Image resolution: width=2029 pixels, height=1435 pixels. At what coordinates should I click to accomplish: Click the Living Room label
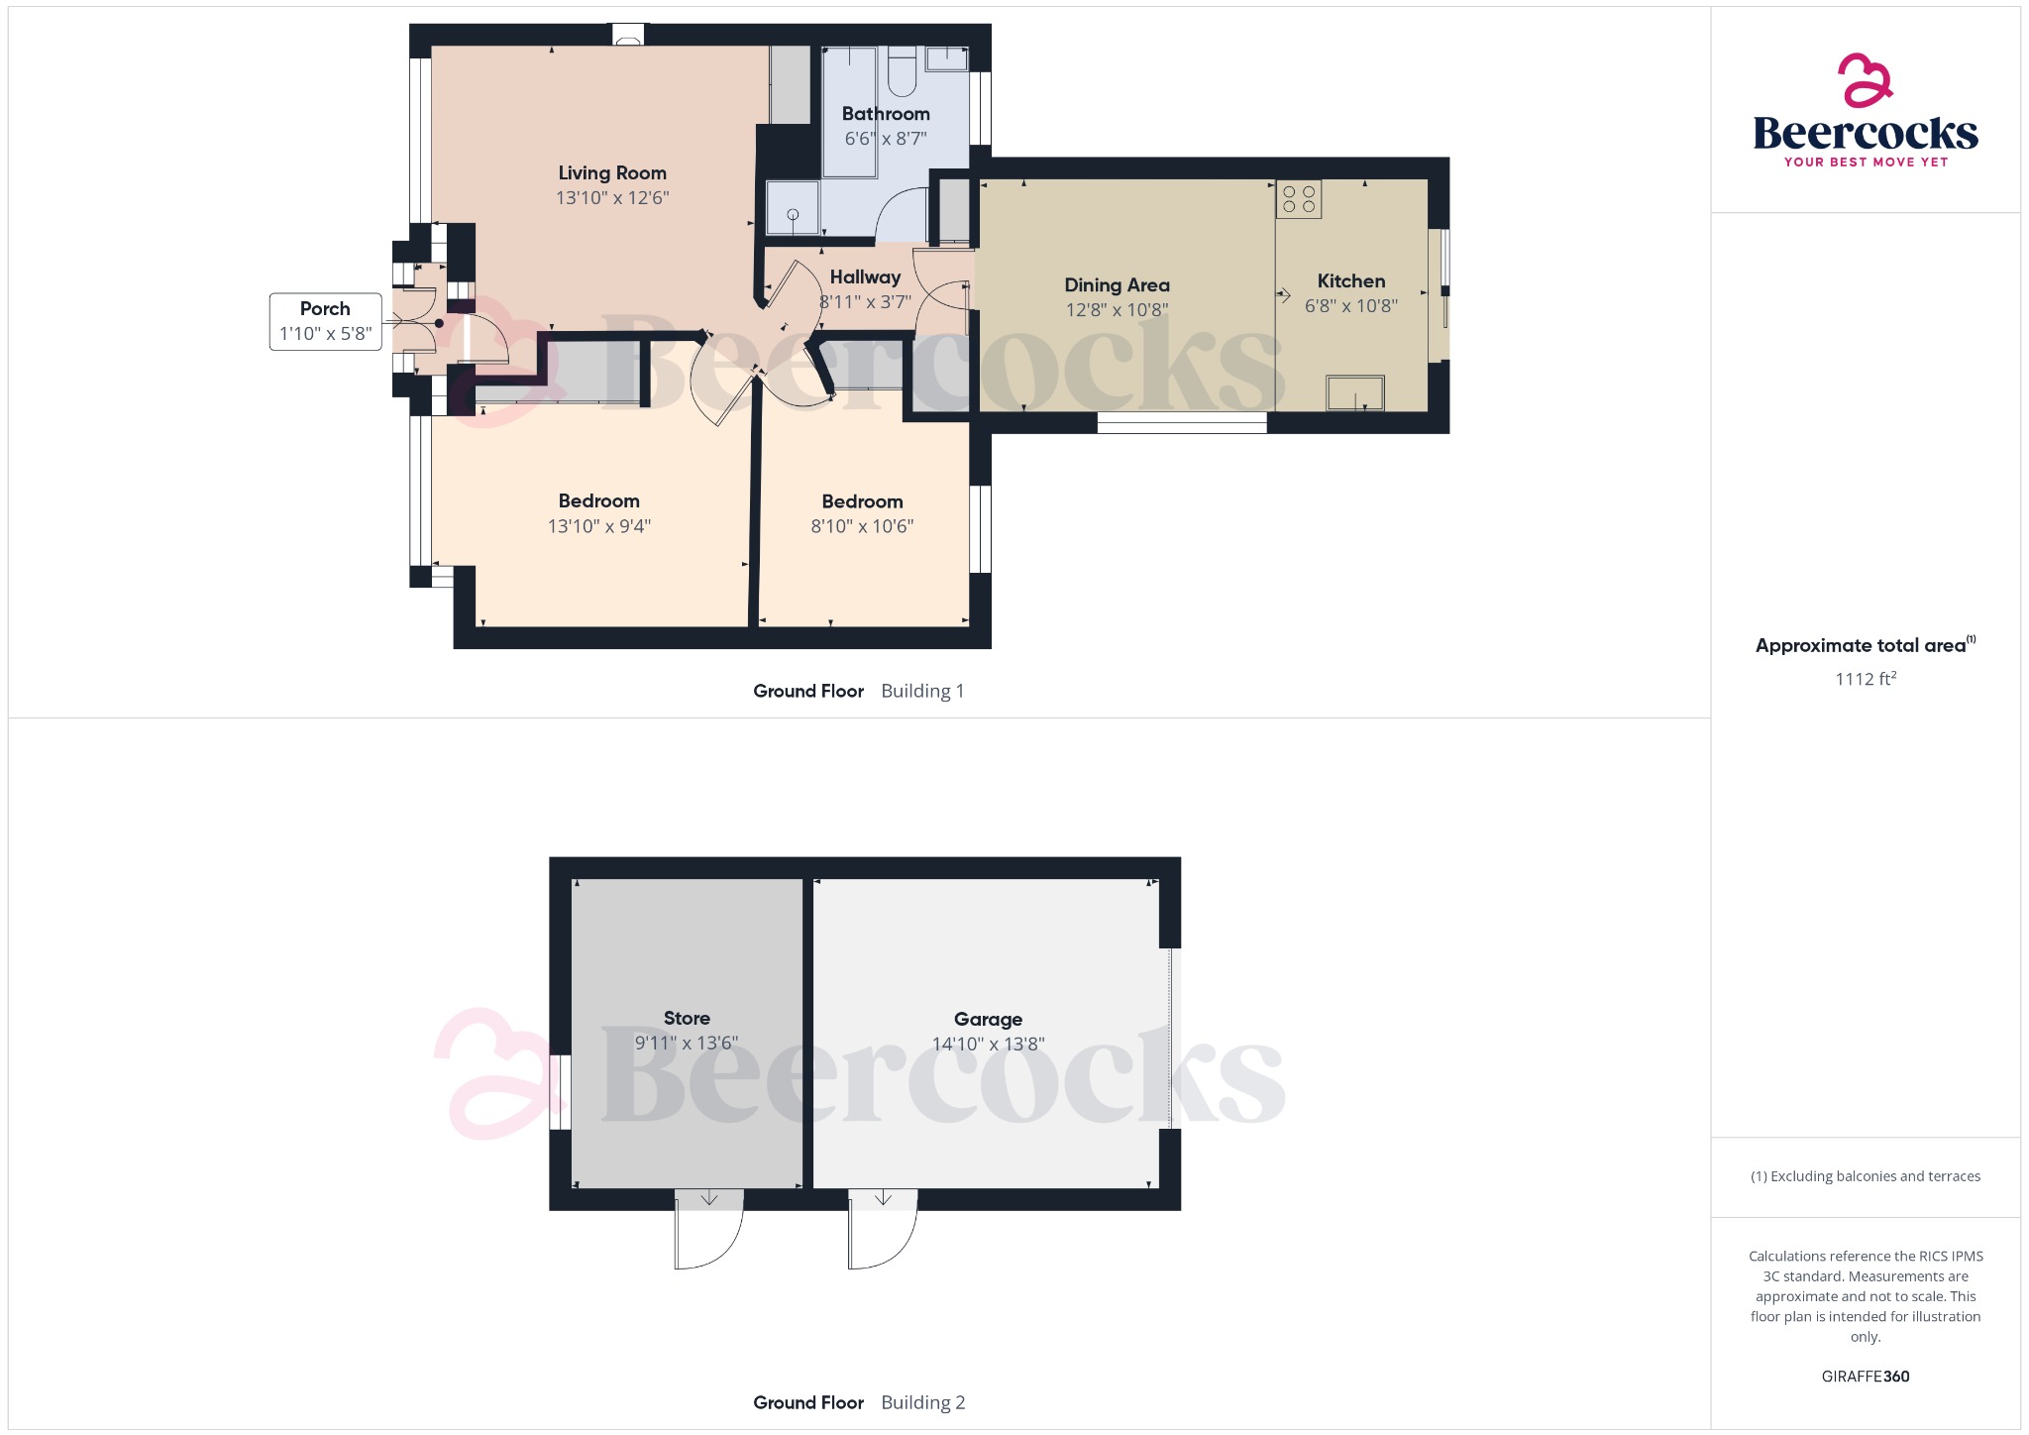pyautogui.click(x=611, y=173)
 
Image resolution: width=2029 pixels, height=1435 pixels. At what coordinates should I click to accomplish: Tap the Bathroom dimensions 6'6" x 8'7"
pyautogui.click(x=885, y=139)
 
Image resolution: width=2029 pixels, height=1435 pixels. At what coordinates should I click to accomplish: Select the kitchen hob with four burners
pyautogui.click(x=1298, y=199)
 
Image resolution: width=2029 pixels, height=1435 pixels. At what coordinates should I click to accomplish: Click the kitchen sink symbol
pyautogui.click(x=1354, y=392)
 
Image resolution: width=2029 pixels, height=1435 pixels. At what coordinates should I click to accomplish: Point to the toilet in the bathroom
pyautogui.click(x=902, y=71)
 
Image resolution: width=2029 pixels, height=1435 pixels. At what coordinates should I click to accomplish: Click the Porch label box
pyautogui.click(x=325, y=320)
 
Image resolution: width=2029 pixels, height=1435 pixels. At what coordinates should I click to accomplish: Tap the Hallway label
pyautogui.click(x=865, y=277)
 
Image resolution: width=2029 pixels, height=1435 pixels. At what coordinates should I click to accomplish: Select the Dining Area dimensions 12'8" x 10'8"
pyautogui.click(x=1117, y=310)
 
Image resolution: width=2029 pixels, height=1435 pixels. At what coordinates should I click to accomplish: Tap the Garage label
pyautogui.click(x=988, y=1019)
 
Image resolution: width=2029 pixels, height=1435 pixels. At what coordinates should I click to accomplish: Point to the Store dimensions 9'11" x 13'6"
pyautogui.click(x=686, y=1044)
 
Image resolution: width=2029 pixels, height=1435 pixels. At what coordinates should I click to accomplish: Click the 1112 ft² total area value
pyautogui.click(x=1865, y=679)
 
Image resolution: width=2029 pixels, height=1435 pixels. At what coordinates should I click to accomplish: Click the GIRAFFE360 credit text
pyautogui.click(x=1865, y=1377)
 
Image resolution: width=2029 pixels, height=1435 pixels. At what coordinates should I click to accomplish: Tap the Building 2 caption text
pyautogui.click(x=922, y=1402)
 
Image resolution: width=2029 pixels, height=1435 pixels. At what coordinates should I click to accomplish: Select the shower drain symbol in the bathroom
pyautogui.click(x=793, y=214)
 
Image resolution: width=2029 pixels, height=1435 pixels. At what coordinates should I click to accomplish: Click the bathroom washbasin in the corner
pyautogui.click(x=946, y=58)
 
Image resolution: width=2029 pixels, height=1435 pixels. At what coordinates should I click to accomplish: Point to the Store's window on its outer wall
pyautogui.click(x=561, y=1092)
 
